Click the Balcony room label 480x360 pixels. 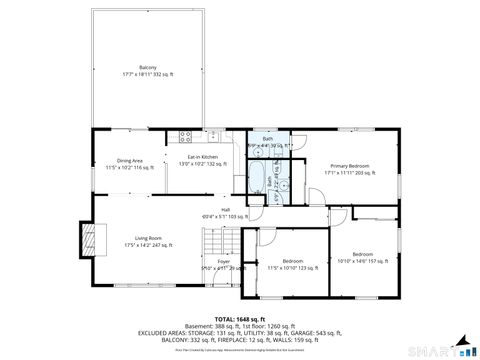click(x=147, y=69)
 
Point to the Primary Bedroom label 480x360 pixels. click(x=348, y=169)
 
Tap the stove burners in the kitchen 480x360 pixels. click(x=184, y=135)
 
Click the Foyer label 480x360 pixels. click(x=223, y=264)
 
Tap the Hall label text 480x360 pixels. click(x=225, y=211)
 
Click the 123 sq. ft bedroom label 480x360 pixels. click(x=292, y=264)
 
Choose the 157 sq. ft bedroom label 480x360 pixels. click(x=362, y=257)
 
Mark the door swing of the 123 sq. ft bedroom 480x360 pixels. click(x=266, y=237)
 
